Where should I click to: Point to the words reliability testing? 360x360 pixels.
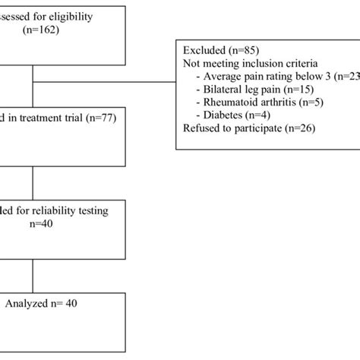coord(77,210)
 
